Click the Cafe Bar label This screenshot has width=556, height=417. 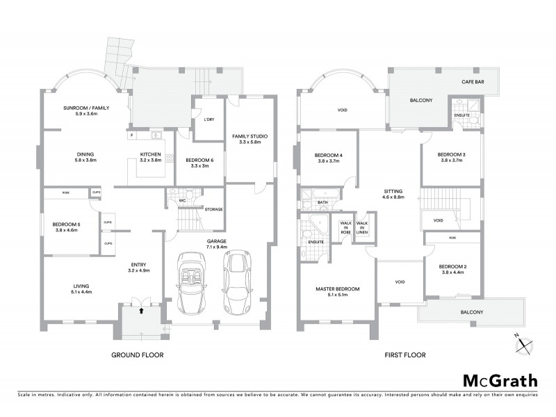[473, 82]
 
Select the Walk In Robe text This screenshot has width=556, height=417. [345, 228]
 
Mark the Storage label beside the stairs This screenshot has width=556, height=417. [213, 208]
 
